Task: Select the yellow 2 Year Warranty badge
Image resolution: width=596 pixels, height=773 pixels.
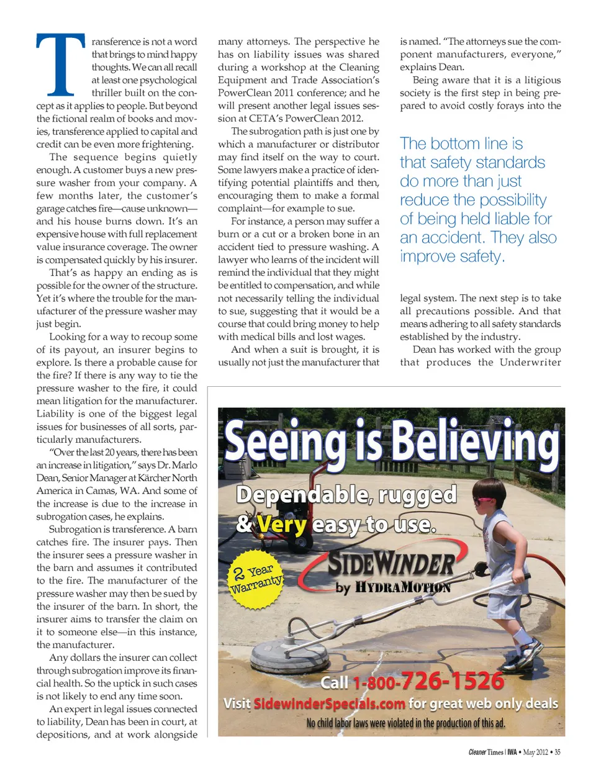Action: (x=256, y=579)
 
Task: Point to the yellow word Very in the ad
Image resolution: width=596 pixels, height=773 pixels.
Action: (x=282, y=525)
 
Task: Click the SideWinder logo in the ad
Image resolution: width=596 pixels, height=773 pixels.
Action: (x=391, y=564)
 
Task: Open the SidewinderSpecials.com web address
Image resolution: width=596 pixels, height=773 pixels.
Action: (x=330, y=703)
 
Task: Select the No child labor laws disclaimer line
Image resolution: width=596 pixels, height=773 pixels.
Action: (x=405, y=723)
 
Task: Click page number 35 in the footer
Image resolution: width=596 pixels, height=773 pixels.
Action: (x=557, y=753)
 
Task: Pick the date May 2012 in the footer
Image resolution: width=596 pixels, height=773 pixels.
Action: (x=535, y=753)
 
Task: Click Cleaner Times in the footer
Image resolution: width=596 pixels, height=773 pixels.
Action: (x=485, y=753)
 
